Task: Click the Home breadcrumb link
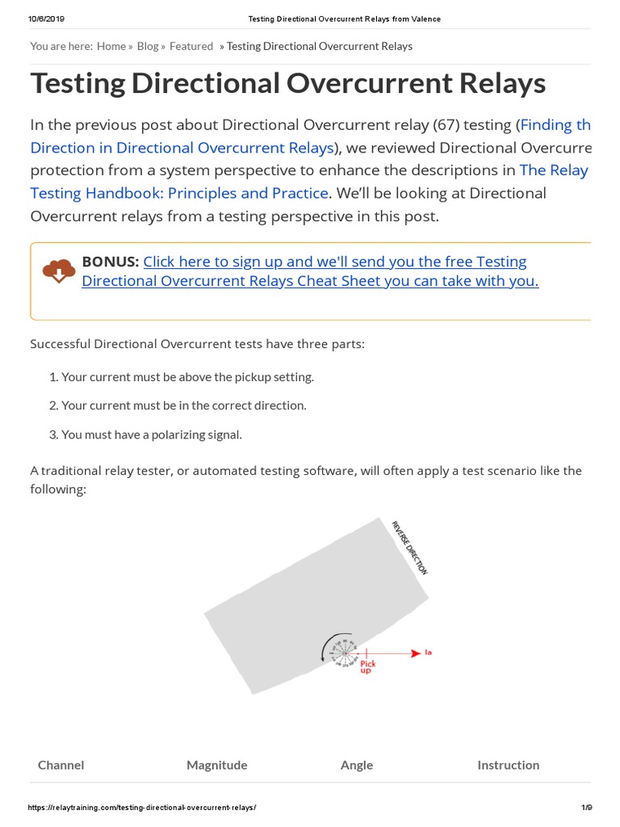point(111,46)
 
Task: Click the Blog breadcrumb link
point(148,46)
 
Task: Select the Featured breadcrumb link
point(191,46)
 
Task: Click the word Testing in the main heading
point(89,83)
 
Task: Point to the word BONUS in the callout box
point(111,262)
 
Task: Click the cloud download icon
point(59,271)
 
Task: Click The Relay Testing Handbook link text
point(553,170)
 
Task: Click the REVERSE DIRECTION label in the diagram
point(409,547)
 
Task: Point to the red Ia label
point(429,652)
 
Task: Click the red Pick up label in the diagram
point(367,667)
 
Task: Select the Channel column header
point(61,765)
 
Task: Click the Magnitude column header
point(216,765)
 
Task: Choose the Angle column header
point(356,765)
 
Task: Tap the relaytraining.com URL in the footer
point(142,808)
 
